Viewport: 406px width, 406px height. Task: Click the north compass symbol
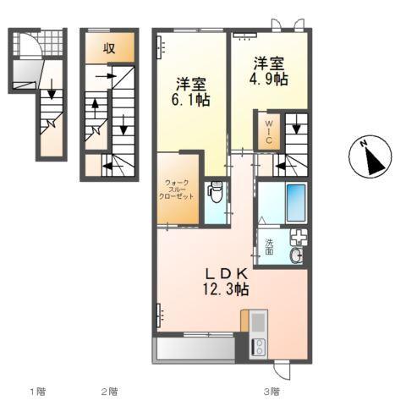[x=369, y=156]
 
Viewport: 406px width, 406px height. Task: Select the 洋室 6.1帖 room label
[x=192, y=91]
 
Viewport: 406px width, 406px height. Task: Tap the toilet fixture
[x=215, y=194]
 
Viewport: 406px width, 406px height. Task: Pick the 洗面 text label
[x=270, y=247]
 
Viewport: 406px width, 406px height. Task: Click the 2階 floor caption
[x=108, y=391]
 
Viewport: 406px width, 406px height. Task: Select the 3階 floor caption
[x=270, y=391]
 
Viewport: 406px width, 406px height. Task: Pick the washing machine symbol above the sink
[x=299, y=238]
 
